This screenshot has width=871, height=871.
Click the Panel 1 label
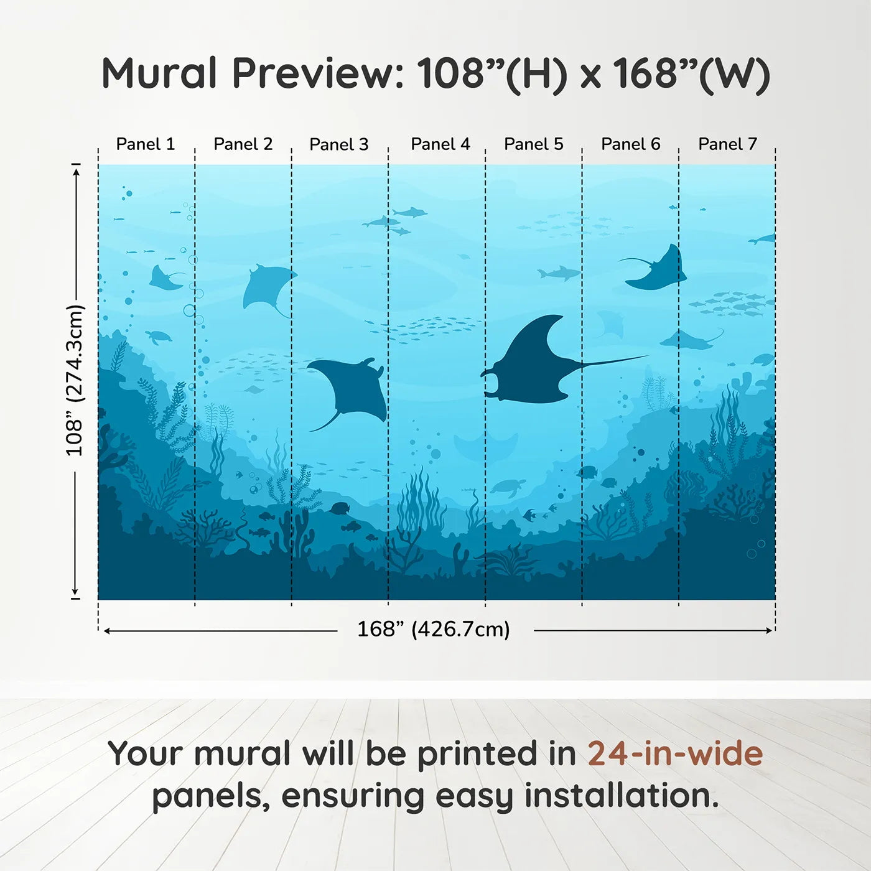pyautogui.click(x=146, y=144)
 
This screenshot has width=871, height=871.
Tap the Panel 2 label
pyautogui.click(x=243, y=144)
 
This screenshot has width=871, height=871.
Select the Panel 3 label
pyautogui.click(x=339, y=144)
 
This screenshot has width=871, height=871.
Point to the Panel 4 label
pyautogui.click(x=440, y=144)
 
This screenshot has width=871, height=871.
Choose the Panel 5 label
pyautogui.click(x=533, y=144)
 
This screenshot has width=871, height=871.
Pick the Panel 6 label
pyautogui.click(x=630, y=144)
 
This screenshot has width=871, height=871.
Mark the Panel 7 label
pyautogui.click(x=727, y=144)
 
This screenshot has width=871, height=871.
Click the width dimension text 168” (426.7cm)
pyautogui.click(x=434, y=629)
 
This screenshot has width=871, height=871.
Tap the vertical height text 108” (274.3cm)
pyautogui.click(x=75, y=380)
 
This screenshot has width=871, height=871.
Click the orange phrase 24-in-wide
pyautogui.click(x=675, y=753)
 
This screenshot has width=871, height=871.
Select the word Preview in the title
pyautogui.click(x=318, y=73)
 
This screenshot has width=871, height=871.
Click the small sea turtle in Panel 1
pyautogui.click(x=159, y=337)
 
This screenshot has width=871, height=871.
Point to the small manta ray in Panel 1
pyautogui.click(x=164, y=279)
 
